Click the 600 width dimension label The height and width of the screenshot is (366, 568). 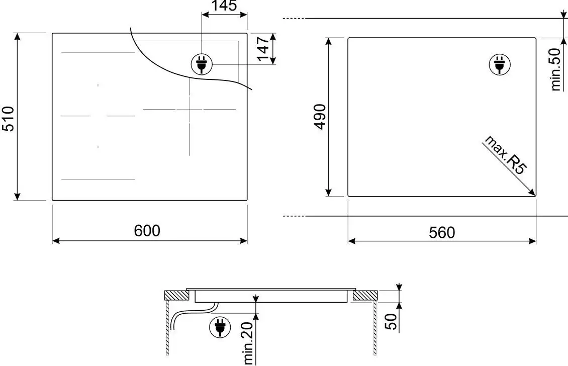pyautogui.click(x=147, y=230)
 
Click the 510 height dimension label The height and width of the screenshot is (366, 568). pyautogui.click(x=8, y=119)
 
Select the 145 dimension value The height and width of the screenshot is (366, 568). pyautogui.click(x=224, y=6)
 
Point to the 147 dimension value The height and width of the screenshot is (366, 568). pyautogui.click(x=263, y=48)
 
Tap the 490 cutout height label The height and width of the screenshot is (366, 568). pyautogui.click(x=320, y=116)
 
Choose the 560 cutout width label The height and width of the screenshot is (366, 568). pyautogui.click(x=442, y=232)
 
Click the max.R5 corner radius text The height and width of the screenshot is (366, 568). pyautogui.click(x=505, y=155)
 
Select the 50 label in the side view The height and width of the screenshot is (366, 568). pyautogui.click(x=391, y=321)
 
